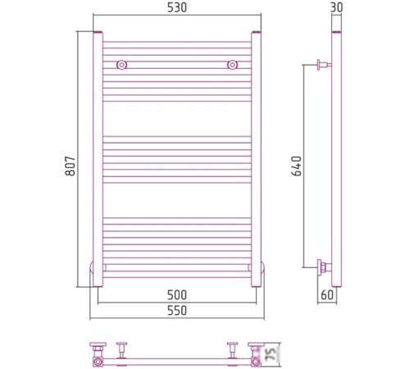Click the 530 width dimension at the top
[177, 7]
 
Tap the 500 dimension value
[177, 295]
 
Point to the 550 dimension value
[177, 311]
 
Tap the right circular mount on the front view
[234, 65]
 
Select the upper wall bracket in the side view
[323, 65]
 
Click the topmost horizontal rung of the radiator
[177, 42]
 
